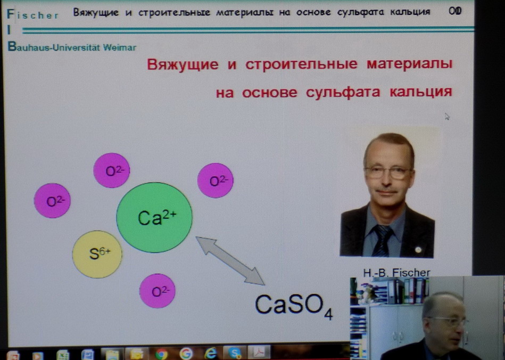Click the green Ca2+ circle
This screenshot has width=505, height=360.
(154, 218)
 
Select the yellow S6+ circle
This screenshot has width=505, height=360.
(97, 254)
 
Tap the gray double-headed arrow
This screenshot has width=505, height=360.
(230, 261)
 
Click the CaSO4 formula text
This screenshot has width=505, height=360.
(294, 305)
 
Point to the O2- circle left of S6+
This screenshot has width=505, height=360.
(52, 200)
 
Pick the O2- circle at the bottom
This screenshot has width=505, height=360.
(157, 291)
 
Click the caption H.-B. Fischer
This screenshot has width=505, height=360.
(396, 273)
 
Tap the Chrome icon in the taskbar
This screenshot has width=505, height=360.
(161, 354)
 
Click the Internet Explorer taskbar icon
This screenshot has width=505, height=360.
(211, 354)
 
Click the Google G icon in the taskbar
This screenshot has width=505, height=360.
(186, 354)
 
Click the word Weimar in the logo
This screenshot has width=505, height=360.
(120, 48)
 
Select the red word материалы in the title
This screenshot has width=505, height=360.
(410, 64)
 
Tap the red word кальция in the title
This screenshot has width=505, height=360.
(421, 92)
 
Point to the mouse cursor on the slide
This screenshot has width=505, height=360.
(446, 116)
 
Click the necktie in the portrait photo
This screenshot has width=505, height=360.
(382, 240)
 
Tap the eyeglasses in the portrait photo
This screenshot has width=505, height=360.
(388, 173)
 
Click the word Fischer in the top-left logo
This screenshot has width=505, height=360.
(32, 14)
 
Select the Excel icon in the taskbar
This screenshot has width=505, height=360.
(62, 355)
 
